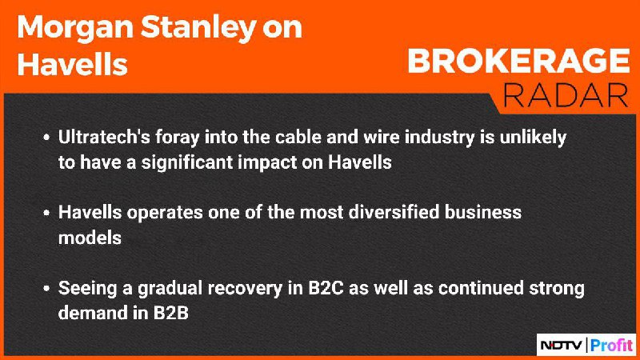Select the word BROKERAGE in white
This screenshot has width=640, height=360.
[x=518, y=61]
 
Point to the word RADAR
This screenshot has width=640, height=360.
[x=566, y=95]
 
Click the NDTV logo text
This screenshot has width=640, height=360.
[x=562, y=346]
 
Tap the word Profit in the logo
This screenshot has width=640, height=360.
[x=611, y=346]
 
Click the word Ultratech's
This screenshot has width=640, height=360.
[x=104, y=137]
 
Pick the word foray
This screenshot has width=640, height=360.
[x=178, y=138]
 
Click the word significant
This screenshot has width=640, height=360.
[x=187, y=163]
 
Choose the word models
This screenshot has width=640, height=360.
[x=90, y=238]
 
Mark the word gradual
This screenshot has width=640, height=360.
[x=170, y=289]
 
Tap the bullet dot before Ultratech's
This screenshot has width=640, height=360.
[x=46, y=138]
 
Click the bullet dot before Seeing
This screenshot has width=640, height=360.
[x=46, y=289]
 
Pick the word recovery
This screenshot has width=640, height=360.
[x=245, y=289]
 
